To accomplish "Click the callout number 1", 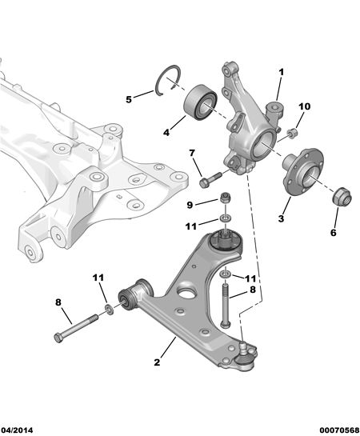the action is pos(282,73).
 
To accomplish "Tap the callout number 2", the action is pos(157,362).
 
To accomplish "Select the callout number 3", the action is pos(281,218).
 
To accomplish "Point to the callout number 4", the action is pos(166,132).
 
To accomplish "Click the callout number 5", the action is pos(129,99).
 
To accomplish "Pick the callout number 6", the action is pos(333,233).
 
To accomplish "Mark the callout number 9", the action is pos(190,205).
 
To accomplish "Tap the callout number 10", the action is pos(305,106).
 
